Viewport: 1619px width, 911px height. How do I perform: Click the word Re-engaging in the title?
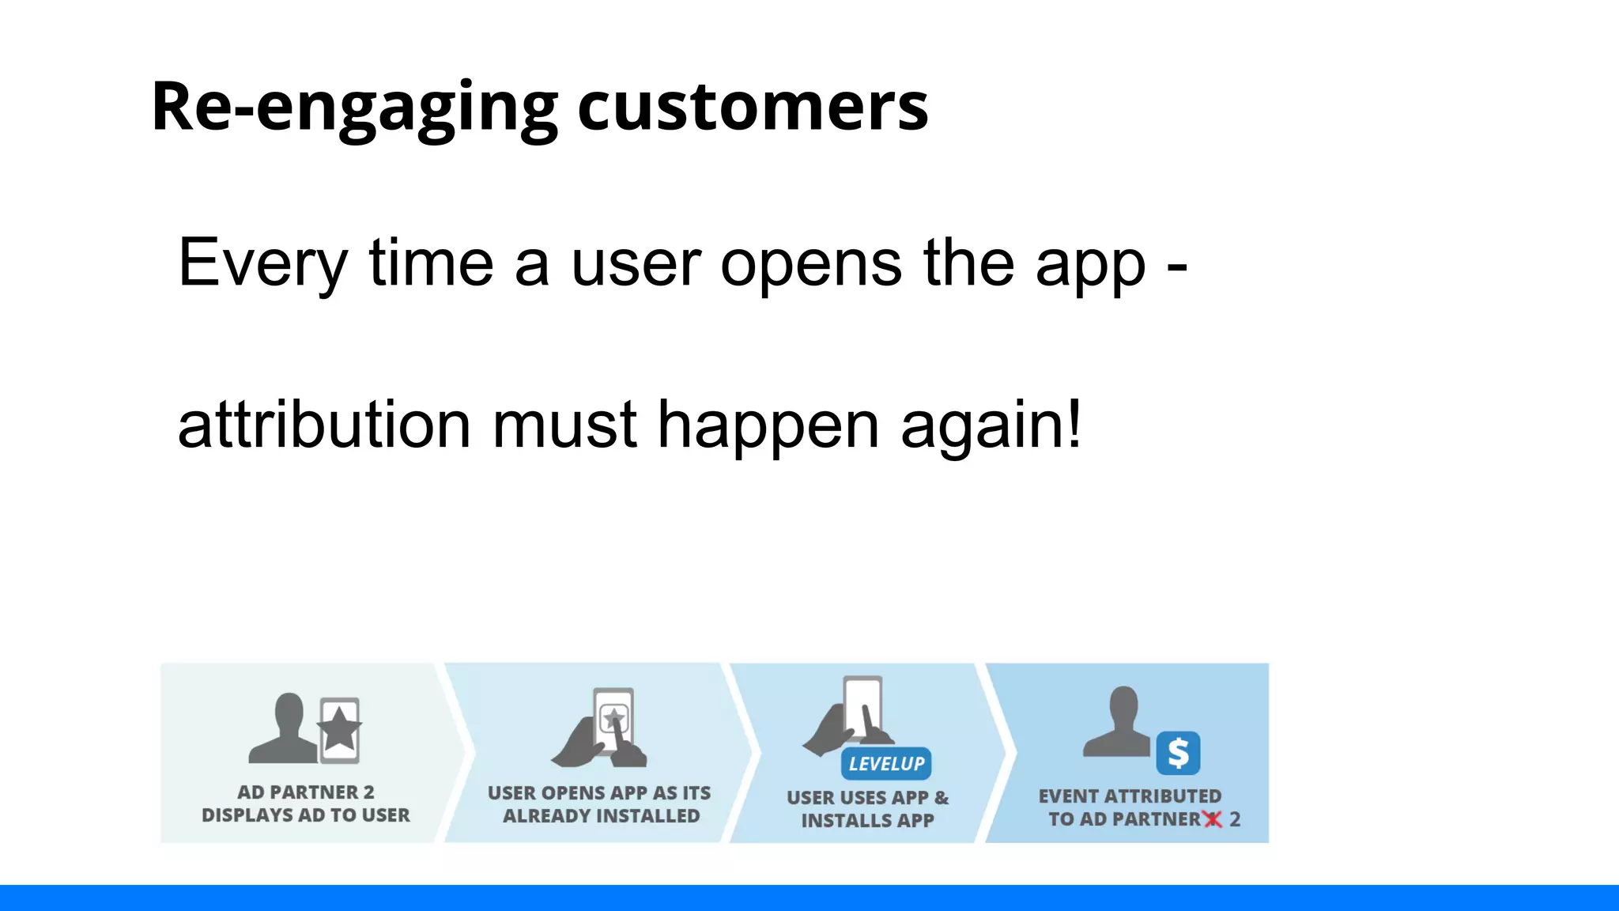coord(353,108)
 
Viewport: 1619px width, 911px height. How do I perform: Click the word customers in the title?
coord(753,108)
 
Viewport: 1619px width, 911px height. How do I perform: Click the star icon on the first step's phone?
coord(339,728)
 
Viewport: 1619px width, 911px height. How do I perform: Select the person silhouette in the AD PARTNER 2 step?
coord(282,730)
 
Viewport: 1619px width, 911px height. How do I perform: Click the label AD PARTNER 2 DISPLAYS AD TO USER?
coord(305,803)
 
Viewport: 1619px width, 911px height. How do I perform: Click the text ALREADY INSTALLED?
coord(601,816)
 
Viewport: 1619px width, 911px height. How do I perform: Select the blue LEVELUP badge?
coord(885,763)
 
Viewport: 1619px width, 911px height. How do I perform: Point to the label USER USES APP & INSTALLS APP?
coord(867,809)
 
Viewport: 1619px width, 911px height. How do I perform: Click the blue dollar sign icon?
coord(1178,753)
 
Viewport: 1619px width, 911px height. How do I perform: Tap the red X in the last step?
coord(1212,819)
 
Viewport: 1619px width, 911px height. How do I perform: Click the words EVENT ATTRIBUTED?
coord(1129,796)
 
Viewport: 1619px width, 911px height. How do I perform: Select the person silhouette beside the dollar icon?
coord(1119,724)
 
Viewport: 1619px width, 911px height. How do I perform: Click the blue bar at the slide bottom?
coord(809,898)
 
